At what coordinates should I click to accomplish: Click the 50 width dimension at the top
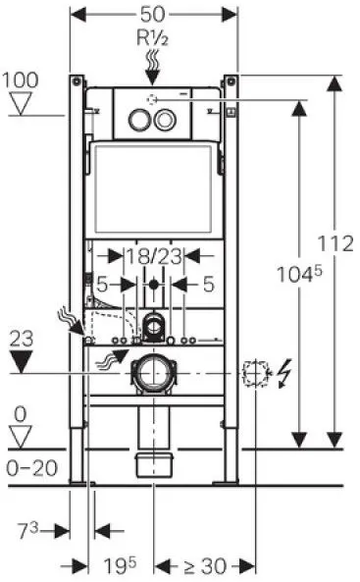[153, 15]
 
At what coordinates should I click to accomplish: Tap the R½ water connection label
[153, 37]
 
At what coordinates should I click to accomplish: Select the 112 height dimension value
[335, 243]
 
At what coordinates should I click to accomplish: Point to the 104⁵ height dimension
[299, 275]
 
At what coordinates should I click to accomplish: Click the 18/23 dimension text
[154, 256]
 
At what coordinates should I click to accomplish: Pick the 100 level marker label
[21, 80]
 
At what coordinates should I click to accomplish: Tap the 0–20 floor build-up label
[32, 468]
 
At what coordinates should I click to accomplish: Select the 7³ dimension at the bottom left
[28, 530]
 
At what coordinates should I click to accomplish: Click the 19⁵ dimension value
[120, 565]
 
